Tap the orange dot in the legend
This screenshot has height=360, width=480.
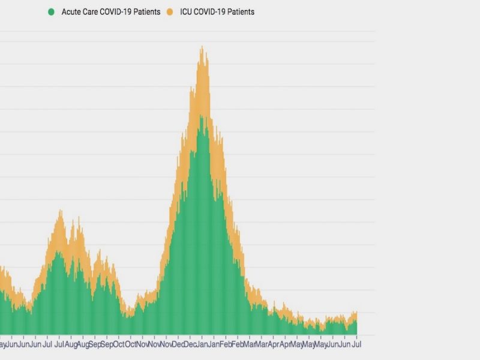click(x=170, y=12)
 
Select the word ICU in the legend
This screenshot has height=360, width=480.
click(x=186, y=12)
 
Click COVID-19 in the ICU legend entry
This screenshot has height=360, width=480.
click(x=211, y=12)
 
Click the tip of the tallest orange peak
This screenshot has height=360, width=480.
click(x=202, y=47)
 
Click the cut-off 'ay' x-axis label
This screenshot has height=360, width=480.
click(x=2, y=344)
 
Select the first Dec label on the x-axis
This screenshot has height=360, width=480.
click(x=178, y=344)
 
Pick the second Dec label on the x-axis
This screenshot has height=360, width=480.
click(x=190, y=344)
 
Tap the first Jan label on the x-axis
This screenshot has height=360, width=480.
click(x=202, y=344)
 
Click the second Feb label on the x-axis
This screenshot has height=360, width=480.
click(x=238, y=344)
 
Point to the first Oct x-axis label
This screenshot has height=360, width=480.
click(x=119, y=344)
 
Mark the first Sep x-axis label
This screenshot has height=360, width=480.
click(x=95, y=344)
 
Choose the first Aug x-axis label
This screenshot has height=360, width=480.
click(x=71, y=344)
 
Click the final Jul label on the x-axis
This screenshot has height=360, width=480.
click(x=356, y=344)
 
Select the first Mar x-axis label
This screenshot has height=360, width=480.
click(x=250, y=344)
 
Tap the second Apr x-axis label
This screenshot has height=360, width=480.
click(x=285, y=344)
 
